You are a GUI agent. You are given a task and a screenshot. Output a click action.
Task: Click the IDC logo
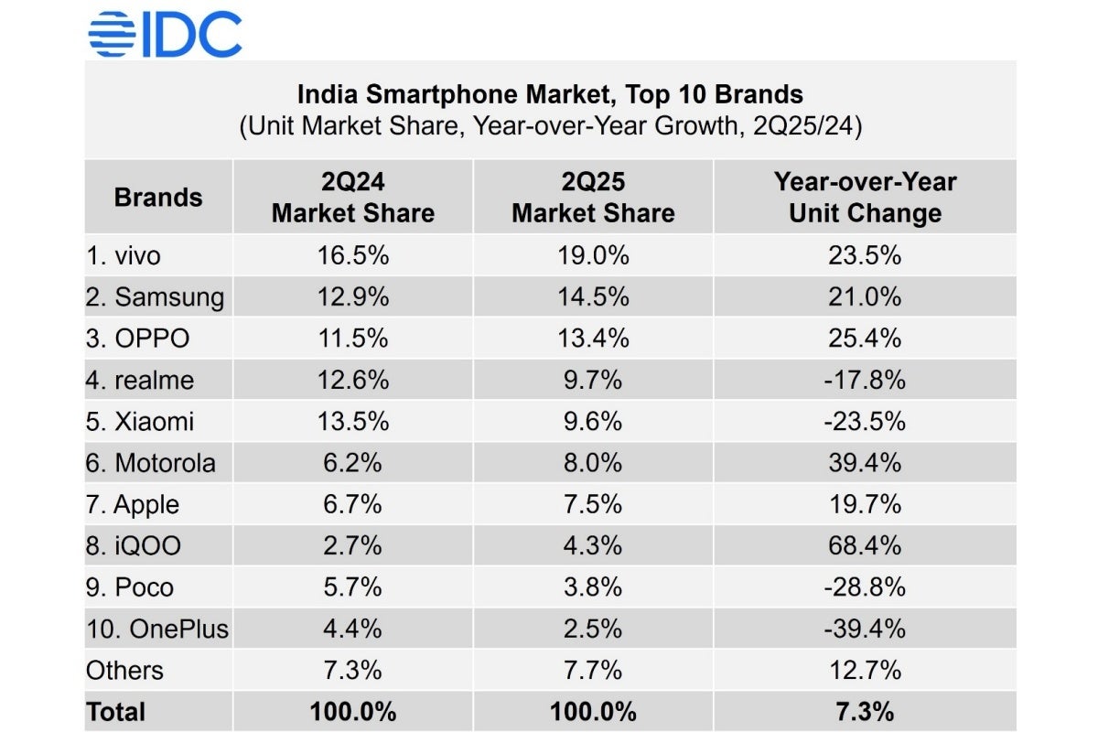[165, 34]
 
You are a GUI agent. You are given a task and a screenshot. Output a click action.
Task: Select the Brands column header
[158, 197]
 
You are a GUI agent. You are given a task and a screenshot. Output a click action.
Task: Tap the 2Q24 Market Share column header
[353, 197]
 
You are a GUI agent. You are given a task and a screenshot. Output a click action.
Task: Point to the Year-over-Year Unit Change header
[865, 197]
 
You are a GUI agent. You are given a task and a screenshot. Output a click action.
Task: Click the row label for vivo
[123, 255]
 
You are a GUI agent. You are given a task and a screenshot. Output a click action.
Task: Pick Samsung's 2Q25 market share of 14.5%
[593, 296]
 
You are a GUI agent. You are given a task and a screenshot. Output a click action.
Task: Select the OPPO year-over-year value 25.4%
[865, 339]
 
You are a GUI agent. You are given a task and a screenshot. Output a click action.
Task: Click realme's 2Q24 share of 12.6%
[353, 380]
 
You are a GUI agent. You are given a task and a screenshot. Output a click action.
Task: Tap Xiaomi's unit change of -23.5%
[865, 422]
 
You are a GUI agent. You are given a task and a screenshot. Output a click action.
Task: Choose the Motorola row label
[151, 463]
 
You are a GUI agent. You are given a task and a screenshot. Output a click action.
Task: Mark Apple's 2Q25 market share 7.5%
[593, 505]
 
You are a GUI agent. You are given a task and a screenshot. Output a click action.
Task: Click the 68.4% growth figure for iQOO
[865, 546]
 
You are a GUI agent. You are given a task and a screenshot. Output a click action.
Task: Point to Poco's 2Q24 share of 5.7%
[353, 587]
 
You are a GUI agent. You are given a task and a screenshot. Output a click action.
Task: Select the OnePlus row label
[157, 630]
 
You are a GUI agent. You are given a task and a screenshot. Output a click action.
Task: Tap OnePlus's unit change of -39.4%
[865, 630]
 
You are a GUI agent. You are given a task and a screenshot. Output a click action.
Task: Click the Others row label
[124, 671]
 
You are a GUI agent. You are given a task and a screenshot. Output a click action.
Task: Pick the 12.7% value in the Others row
[865, 671]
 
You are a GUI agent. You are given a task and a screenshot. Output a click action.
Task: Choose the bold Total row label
[115, 712]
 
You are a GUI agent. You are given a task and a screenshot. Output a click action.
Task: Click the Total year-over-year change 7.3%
[865, 712]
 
